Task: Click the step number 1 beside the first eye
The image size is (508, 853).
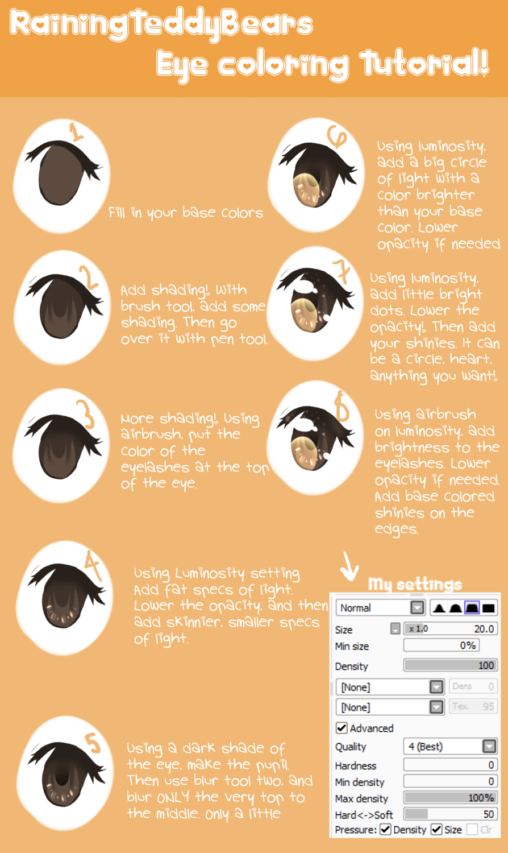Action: [x=77, y=132]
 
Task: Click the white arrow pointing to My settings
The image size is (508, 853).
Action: [x=349, y=566]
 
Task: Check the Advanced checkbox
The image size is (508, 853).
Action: [x=342, y=728]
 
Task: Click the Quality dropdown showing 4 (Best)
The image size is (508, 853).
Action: [x=451, y=746]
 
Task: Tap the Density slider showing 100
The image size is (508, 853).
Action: [x=451, y=665]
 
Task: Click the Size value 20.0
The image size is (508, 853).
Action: [x=484, y=629]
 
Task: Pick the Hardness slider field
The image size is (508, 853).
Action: [x=451, y=765]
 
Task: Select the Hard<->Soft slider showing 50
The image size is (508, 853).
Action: [x=451, y=814]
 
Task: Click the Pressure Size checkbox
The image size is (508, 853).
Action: [x=436, y=829]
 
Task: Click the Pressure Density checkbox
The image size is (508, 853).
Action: [x=385, y=829]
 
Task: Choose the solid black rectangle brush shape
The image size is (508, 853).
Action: [x=488, y=608]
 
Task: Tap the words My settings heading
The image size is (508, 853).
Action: [x=415, y=584]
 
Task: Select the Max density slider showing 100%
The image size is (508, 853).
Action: [x=451, y=797]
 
